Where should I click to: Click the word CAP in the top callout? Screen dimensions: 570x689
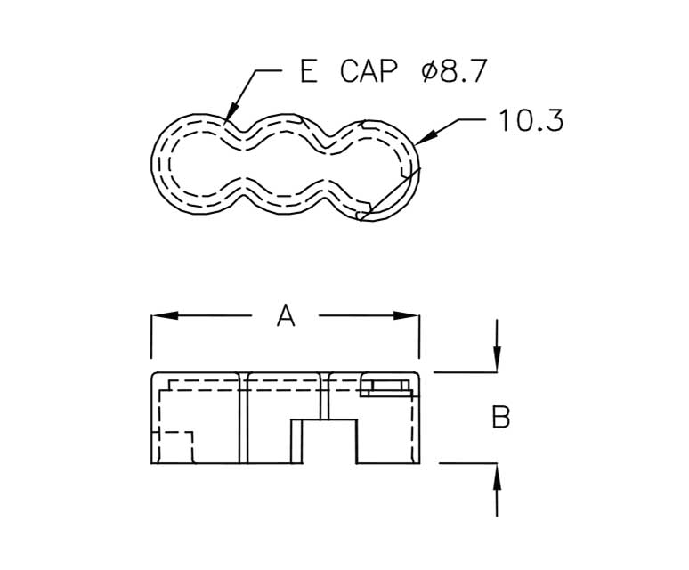369,72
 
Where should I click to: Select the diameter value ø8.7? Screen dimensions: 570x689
454,72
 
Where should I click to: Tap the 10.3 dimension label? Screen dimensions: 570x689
531,121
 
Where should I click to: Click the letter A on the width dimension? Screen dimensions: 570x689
285,315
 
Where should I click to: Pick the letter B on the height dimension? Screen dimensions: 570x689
501,417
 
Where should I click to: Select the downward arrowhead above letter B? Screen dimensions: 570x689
497,360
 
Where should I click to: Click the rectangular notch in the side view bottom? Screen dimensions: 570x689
326,442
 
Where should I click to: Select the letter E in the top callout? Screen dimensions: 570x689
309,72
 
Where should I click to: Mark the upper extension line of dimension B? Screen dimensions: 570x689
464,371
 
